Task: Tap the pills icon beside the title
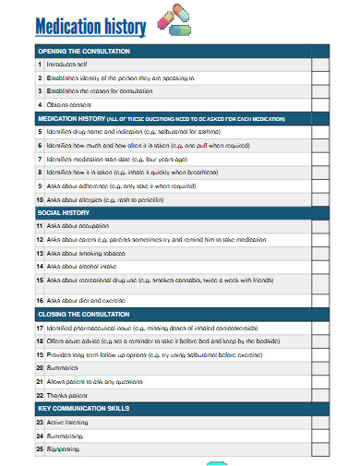click(x=176, y=20)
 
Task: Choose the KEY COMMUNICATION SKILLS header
click(x=83, y=408)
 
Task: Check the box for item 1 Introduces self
click(x=319, y=66)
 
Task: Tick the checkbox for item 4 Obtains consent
click(x=319, y=105)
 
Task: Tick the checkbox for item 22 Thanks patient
click(x=319, y=394)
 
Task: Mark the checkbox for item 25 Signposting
click(x=319, y=448)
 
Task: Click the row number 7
click(x=40, y=159)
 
